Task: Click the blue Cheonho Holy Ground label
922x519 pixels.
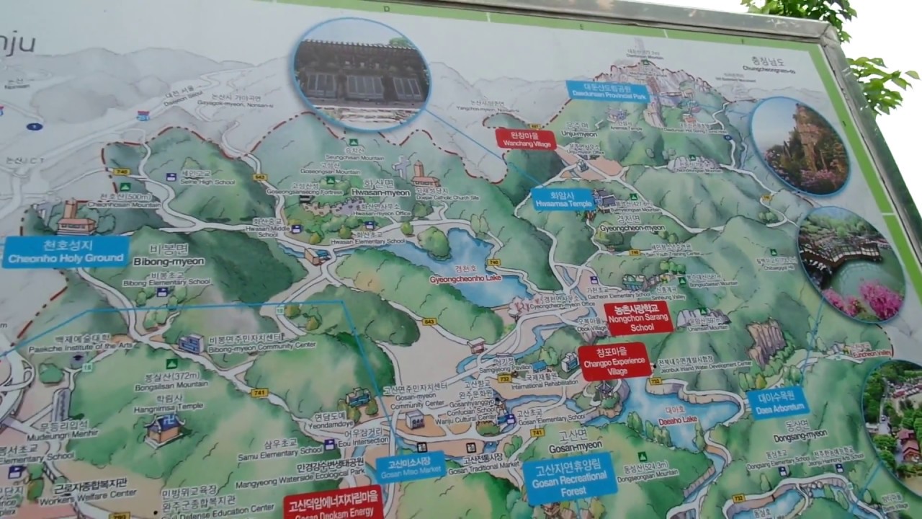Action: [x=66, y=252]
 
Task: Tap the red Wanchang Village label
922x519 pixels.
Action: [x=525, y=138]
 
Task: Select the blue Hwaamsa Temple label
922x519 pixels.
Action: [x=563, y=199]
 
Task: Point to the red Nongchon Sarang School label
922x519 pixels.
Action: [x=637, y=318]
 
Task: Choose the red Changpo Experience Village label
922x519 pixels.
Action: [x=614, y=360]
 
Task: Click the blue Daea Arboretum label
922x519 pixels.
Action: [x=777, y=402]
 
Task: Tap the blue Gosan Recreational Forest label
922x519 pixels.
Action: [x=570, y=477]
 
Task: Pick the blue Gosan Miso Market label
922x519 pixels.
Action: [x=409, y=467]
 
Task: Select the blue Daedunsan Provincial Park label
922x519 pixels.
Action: [x=608, y=91]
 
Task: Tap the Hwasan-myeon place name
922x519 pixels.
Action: [x=380, y=193]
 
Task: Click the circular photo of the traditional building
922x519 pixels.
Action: [x=361, y=74]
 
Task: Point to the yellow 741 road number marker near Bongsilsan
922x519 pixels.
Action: [x=260, y=393]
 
